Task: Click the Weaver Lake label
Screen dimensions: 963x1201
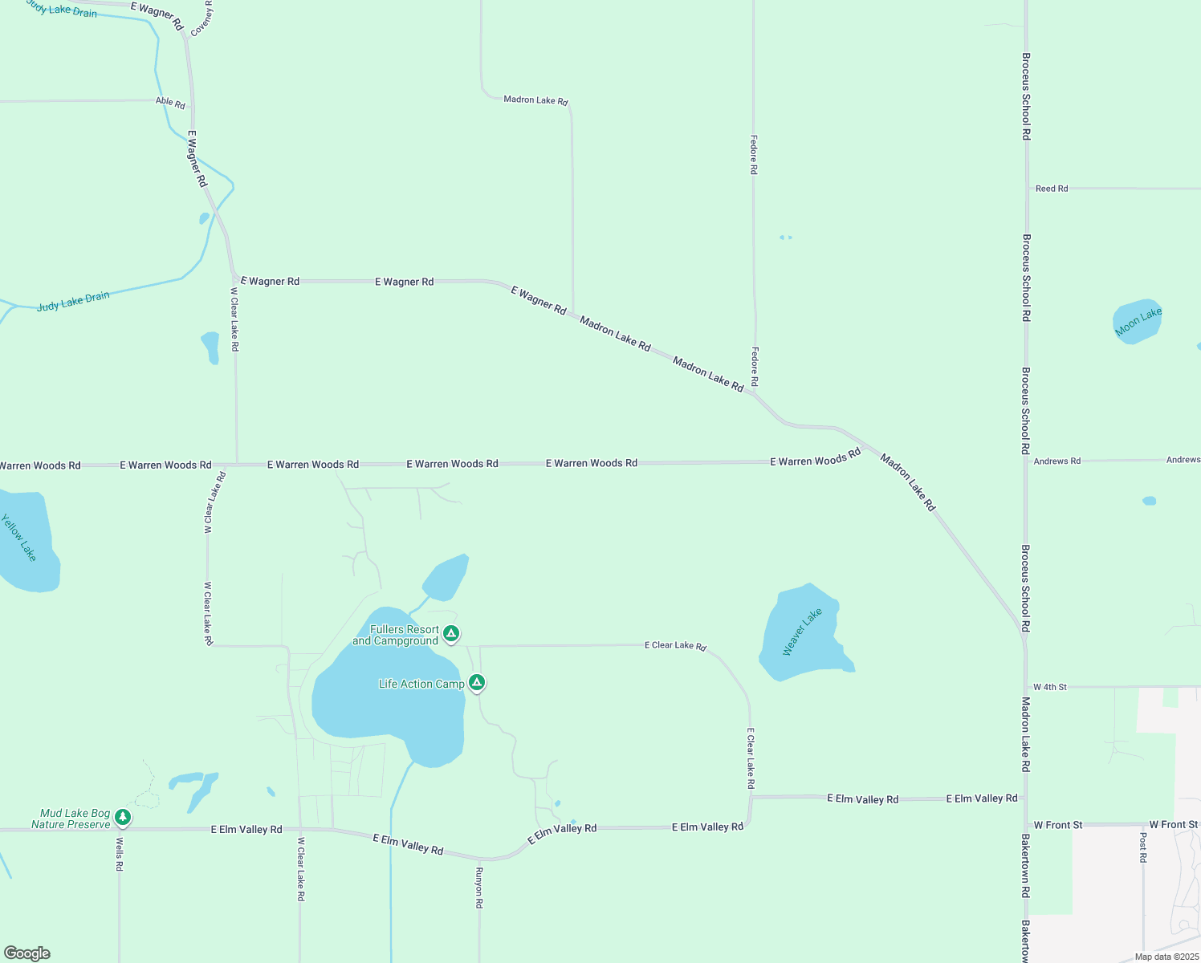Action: (x=802, y=632)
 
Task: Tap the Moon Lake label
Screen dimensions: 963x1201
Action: (x=1138, y=322)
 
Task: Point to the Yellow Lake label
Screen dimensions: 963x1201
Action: (x=18, y=537)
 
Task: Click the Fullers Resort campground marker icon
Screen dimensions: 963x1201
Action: (x=451, y=634)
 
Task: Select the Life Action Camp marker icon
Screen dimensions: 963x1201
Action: (x=477, y=683)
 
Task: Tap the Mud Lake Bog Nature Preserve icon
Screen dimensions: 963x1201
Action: (x=122, y=817)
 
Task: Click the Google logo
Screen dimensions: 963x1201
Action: (x=27, y=953)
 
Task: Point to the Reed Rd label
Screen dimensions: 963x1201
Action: (x=1052, y=189)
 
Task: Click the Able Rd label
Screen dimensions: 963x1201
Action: (x=170, y=103)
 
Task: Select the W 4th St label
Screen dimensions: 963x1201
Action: (x=1049, y=687)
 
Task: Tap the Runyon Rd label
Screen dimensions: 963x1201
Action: (x=479, y=887)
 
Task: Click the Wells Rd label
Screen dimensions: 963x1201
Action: (x=119, y=854)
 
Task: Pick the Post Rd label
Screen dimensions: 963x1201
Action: (x=1143, y=847)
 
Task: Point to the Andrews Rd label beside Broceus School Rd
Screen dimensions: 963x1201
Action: (x=1056, y=461)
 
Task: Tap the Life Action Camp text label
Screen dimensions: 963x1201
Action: (x=421, y=684)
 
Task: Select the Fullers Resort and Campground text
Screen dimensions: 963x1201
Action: (x=397, y=635)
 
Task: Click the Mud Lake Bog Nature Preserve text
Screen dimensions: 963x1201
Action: (x=73, y=819)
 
